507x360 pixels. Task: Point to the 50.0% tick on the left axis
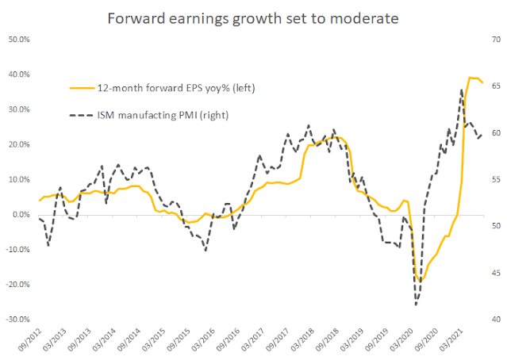pos(19,39)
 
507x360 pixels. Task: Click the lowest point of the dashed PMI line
pos(416,304)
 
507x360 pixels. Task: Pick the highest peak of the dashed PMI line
pos(462,90)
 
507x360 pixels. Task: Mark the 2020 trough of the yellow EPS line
pos(421,281)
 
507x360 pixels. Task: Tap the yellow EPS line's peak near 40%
pos(472,78)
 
